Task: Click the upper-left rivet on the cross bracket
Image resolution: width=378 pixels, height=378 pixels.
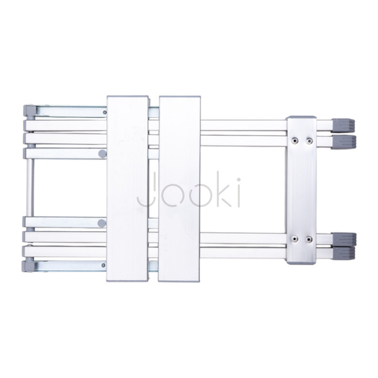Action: click(x=294, y=140)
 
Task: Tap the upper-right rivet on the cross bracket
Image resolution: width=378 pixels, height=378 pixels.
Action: click(x=309, y=140)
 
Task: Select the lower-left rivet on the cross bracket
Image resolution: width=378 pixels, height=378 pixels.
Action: click(x=294, y=239)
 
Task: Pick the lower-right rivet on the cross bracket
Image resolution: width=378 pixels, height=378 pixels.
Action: click(x=309, y=239)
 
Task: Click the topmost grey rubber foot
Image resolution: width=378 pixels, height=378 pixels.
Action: click(x=343, y=125)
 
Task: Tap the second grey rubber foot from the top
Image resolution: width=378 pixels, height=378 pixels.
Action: click(x=344, y=141)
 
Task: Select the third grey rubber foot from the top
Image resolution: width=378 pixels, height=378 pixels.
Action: click(x=344, y=239)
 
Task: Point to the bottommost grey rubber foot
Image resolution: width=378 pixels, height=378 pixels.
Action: click(x=344, y=253)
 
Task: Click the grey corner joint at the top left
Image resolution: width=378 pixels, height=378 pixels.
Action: click(x=30, y=111)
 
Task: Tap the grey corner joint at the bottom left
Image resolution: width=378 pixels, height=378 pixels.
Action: click(x=29, y=266)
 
